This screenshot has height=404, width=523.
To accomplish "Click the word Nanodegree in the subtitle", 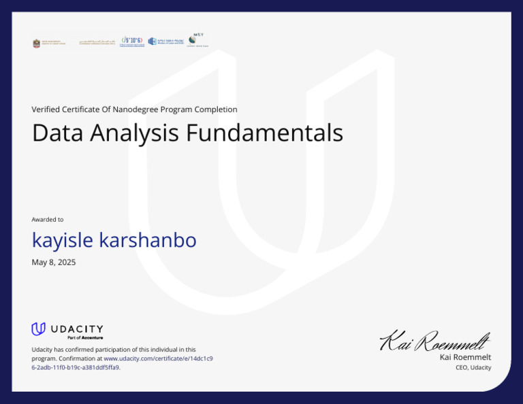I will pos(134,110).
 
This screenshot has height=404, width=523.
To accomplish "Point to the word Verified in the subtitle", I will pos(46,110).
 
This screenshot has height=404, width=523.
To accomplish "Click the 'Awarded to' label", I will pos(48,220).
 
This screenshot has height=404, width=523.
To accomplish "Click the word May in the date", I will pos(39,263).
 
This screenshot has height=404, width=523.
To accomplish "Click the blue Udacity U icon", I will pos(38,329).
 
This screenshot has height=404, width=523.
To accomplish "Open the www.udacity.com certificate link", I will pos(157,358).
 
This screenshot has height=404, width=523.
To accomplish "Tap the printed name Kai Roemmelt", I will pos(465,357).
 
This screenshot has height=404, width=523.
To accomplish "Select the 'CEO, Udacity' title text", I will pos(473,368).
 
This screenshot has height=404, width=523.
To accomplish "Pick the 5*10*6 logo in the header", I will pos(132,42).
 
